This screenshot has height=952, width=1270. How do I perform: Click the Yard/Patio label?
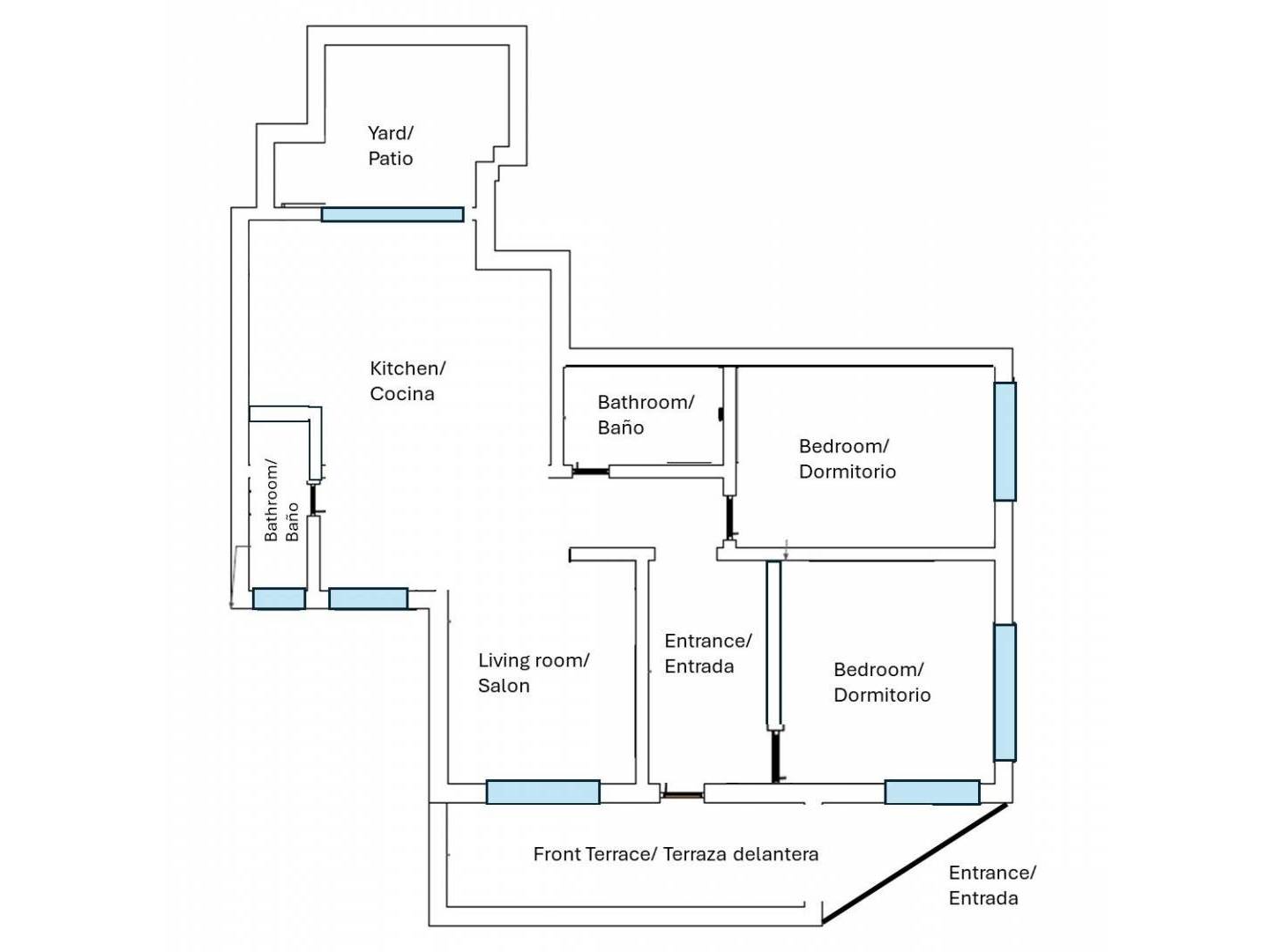391,145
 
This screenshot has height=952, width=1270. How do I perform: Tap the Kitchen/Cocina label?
407,381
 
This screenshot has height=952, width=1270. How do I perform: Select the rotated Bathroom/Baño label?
281,501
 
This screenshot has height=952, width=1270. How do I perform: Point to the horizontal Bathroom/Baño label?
646,414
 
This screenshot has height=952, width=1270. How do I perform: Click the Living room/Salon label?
534,673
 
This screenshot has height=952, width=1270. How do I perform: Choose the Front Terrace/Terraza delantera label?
676,854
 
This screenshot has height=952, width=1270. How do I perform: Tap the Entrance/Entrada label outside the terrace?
992,885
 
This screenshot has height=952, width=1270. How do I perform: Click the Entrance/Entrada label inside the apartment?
707,653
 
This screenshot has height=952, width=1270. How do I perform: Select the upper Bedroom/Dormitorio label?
847,459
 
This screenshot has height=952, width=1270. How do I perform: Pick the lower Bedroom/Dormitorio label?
882,682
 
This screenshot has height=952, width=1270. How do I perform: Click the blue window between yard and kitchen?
392,214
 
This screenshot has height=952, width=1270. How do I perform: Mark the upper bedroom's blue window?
1005,441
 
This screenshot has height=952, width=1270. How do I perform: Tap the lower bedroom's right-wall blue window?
1005,692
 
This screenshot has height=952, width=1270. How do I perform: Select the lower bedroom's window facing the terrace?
932,792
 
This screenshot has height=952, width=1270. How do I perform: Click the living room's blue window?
542,792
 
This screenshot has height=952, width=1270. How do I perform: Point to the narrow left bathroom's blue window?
279,599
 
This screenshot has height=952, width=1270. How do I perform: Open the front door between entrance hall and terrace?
682,795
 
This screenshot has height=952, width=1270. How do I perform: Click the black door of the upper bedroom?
729,517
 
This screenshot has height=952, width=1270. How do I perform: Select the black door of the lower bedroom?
774,756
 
